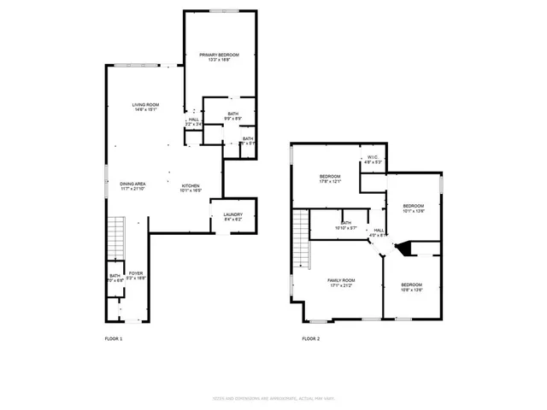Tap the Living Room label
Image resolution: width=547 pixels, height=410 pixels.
coord(145,108)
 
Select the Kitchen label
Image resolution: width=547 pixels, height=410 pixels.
coord(190,188)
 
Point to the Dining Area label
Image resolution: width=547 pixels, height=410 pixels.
coord(132,186)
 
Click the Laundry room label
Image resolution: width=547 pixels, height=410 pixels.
coord(233,217)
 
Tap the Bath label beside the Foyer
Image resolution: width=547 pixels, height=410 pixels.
coord(115,278)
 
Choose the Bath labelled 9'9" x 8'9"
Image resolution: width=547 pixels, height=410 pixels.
coord(232,116)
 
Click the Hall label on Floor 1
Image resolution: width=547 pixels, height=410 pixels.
coord(193,122)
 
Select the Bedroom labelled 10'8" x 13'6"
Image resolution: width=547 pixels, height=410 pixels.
coord(412,286)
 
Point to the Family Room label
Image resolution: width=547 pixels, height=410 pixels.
coord(341,283)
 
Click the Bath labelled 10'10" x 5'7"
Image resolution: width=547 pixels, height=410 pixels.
coord(346,225)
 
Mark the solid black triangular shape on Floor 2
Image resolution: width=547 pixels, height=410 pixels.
coord(407,249)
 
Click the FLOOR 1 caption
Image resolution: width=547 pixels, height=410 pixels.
coord(113,339)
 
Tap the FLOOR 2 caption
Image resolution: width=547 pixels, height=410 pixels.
coord(310,339)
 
